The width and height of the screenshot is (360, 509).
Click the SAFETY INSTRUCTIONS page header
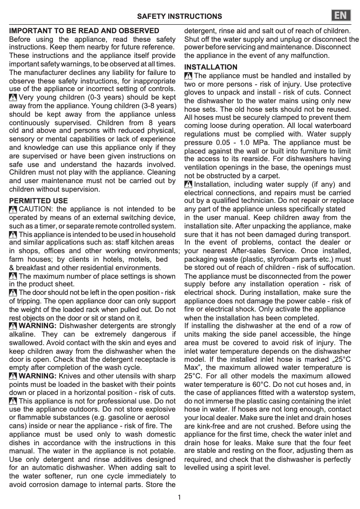point(180,16)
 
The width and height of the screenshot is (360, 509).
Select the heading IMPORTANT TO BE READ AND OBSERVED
point(84,31)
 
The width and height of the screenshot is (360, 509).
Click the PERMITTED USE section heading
point(39,201)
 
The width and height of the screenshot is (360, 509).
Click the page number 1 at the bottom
point(180,497)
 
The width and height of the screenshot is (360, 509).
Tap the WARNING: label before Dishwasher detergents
point(38,325)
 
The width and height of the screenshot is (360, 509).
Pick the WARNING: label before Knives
point(38,376)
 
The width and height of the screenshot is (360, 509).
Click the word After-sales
point(256,250)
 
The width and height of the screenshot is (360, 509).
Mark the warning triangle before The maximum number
point(13,276)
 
